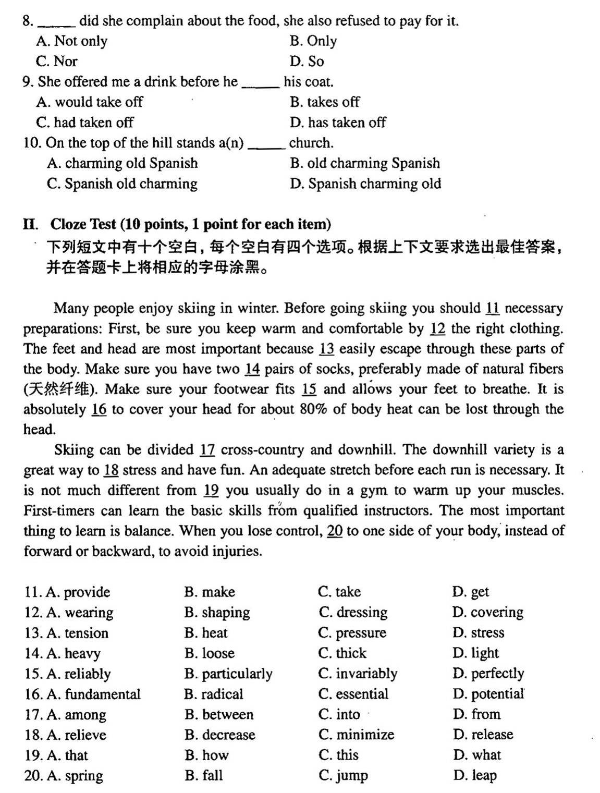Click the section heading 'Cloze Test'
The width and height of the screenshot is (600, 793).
click(x=83, y=224)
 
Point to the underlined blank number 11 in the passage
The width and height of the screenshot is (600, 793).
click(x=492, y=308)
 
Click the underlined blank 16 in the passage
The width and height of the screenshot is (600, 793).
click(x=99, y=410)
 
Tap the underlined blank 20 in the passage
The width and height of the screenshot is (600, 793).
click(x=335, y=531)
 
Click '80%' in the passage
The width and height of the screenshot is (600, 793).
click(x=314, y=410)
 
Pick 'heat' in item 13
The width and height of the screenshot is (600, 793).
click(x=214, y=633)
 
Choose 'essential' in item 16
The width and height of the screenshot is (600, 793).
click(x=362, y=694)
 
